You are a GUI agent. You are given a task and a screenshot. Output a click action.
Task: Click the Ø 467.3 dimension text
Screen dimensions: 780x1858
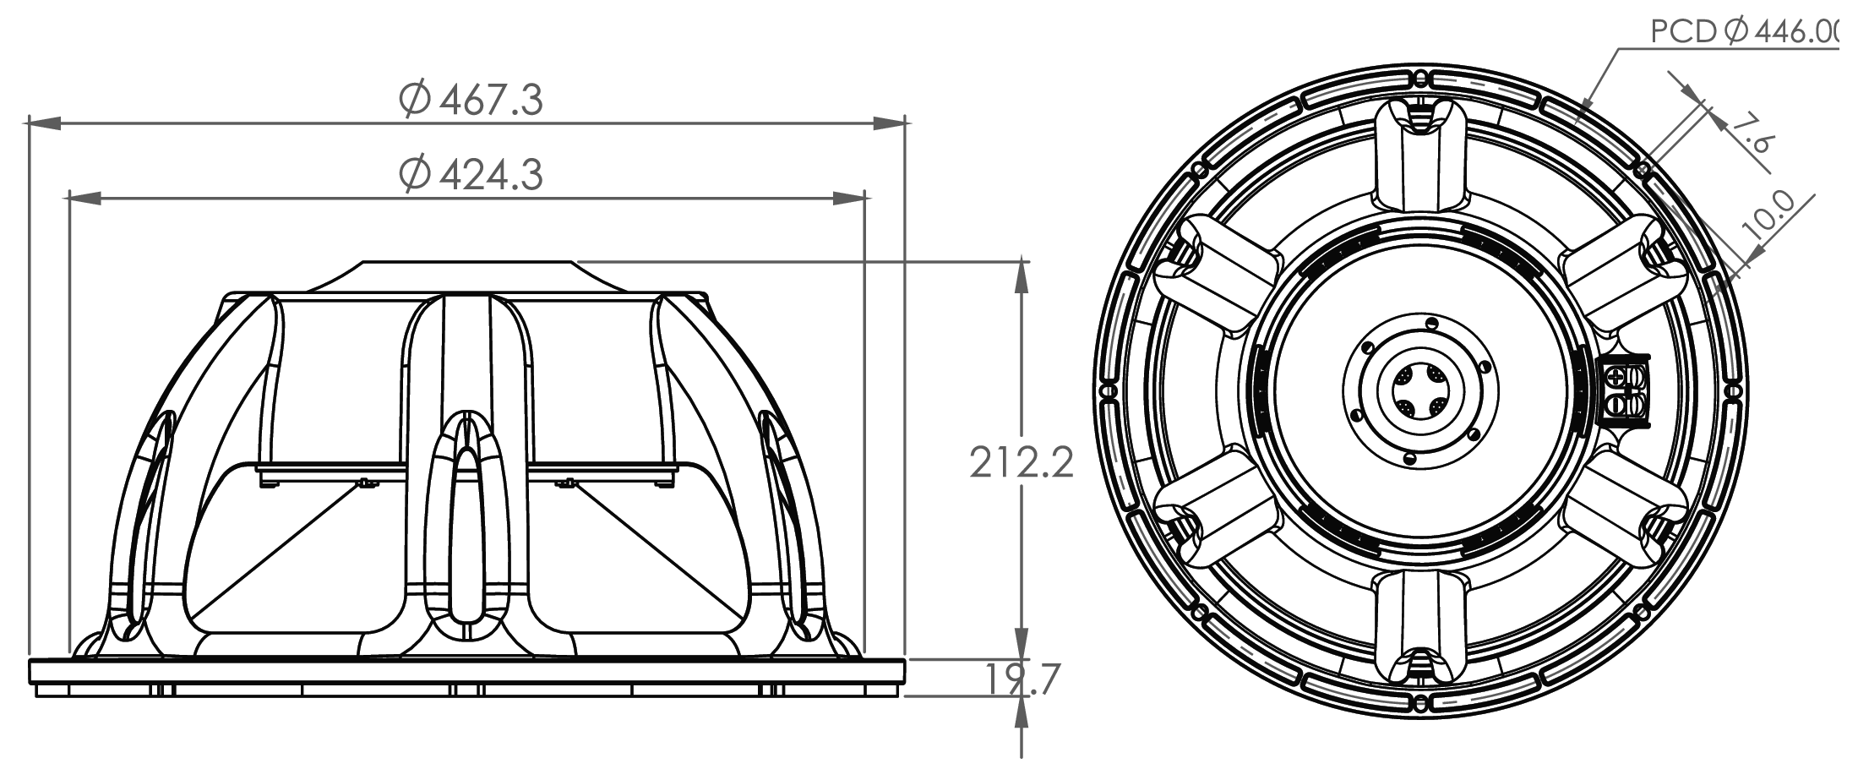click(x=471, y=100)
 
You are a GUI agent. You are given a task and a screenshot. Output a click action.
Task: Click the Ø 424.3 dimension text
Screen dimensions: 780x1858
click(x=471, y=175)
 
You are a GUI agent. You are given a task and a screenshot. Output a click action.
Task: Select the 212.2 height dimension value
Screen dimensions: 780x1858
click(x=1021, y=462)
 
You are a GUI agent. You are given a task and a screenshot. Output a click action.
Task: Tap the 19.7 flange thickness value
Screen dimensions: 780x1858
click(x=1022, y=679)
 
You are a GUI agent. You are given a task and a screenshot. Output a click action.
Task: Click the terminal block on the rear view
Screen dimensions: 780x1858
click(x=1624, y=391)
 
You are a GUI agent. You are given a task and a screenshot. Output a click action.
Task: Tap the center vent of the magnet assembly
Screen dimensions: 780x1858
click(x=1420, y=391)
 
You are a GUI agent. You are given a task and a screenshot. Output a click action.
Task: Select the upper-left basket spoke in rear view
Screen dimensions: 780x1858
click(x=1217, y=272)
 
